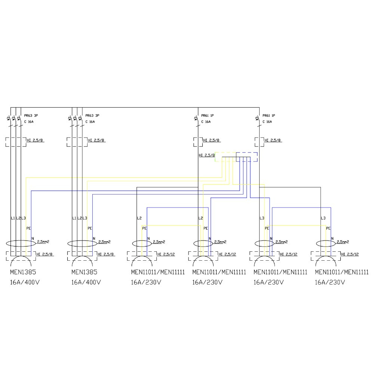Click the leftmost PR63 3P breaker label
tap(31, 116)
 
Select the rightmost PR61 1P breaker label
tap(269, 116)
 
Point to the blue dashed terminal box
tap(247, 157)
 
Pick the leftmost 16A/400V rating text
tap(25, 282)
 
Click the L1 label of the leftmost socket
tap(12, 218)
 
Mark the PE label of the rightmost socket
tap(328, 228)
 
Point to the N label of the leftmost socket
tap(33, 238)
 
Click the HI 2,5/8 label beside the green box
tap(206, 155)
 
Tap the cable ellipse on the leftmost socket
tap(21, 243)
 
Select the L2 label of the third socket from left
tap(139, 218)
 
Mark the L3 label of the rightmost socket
tap(324, 218)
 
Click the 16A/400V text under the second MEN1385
tap(86, 282)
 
